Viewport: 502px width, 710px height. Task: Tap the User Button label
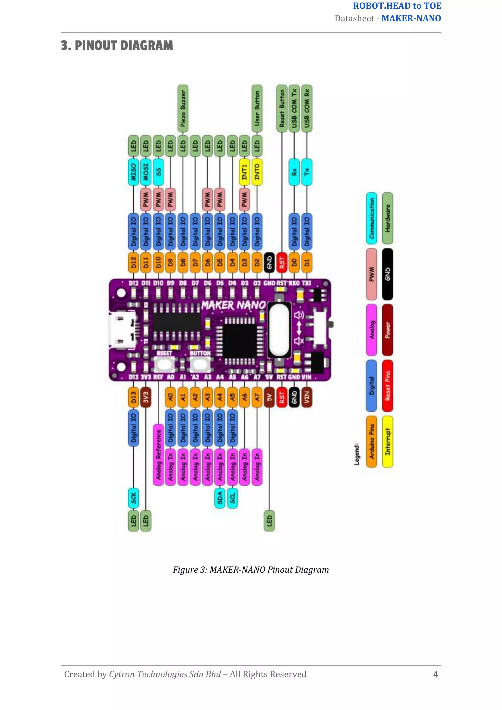[257, 108]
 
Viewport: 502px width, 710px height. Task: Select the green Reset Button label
[282, 108]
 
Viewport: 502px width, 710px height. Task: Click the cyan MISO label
[133, 172]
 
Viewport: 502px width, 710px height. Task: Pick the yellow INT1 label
[245, 172]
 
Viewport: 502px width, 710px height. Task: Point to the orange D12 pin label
[133, 263]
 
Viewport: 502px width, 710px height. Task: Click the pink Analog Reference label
[158, 454]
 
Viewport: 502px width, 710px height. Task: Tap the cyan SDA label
[220, 498]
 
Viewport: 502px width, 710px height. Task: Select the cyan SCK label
[133, 498]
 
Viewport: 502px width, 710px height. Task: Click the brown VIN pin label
[307, 397]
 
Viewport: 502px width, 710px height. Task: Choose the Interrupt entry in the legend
[387, 441]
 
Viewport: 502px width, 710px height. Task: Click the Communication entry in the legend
[372, 218]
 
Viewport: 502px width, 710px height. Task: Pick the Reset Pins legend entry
[387, 386]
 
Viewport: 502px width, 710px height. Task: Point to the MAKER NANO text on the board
[233, 305]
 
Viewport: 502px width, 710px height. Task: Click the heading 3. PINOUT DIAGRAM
[117, 45]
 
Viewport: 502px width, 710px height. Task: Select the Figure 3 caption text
[251, 570]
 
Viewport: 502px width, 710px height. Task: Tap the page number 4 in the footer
[435, 674]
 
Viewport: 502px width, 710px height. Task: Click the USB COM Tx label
[294, 108]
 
